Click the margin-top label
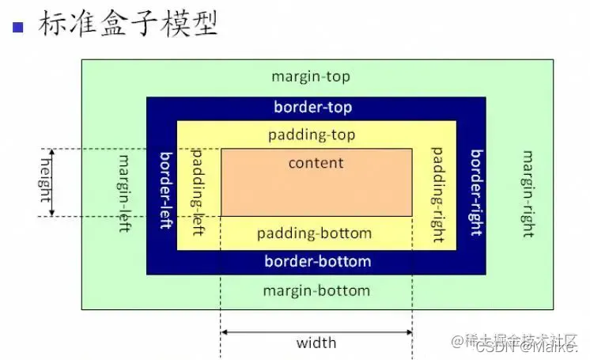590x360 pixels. tap(311, 77)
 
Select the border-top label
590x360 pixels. tap(313, 108)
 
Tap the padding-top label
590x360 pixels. tap(312, 135)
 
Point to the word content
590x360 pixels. tap(316, 163)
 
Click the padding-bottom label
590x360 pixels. tap(314, 233)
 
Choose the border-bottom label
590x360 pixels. tap(317, 261)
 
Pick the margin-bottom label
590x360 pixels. tap(316, 290)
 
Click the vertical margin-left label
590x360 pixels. tap(124, 189)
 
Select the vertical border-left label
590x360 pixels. tap(165, 190)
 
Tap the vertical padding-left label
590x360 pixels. tap(199, 190)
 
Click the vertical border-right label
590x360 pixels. tap(475, 190)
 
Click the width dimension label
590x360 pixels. tap(316, 343)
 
